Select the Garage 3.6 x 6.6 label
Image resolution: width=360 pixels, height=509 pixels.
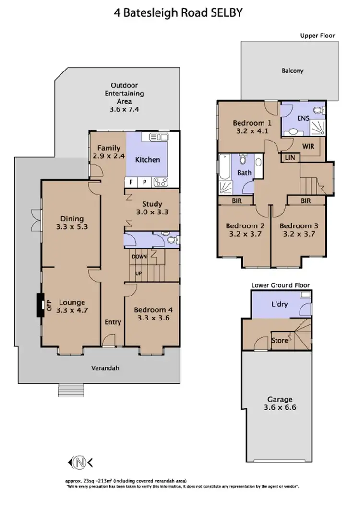click(x=281, y=403)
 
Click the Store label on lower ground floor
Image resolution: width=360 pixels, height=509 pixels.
click(x=280, y=341)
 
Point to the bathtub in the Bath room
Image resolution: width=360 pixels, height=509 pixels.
click(x=225, y=167)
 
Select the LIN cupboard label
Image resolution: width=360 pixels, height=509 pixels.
click(x=290, y=157)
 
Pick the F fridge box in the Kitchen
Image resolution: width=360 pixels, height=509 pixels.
click(x=131, y=182)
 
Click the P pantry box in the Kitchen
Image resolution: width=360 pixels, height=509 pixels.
click(x=144, y=182)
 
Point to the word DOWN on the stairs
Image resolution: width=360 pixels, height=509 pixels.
click(x=140, y=257)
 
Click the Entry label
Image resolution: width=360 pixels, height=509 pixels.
click(x=113, y=322)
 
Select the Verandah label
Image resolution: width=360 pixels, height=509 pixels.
click(x=105, y=368)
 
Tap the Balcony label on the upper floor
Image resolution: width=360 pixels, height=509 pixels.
click(x=293, y=71)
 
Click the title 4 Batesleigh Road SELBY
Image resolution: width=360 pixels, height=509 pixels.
click(x=179, y=13)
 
